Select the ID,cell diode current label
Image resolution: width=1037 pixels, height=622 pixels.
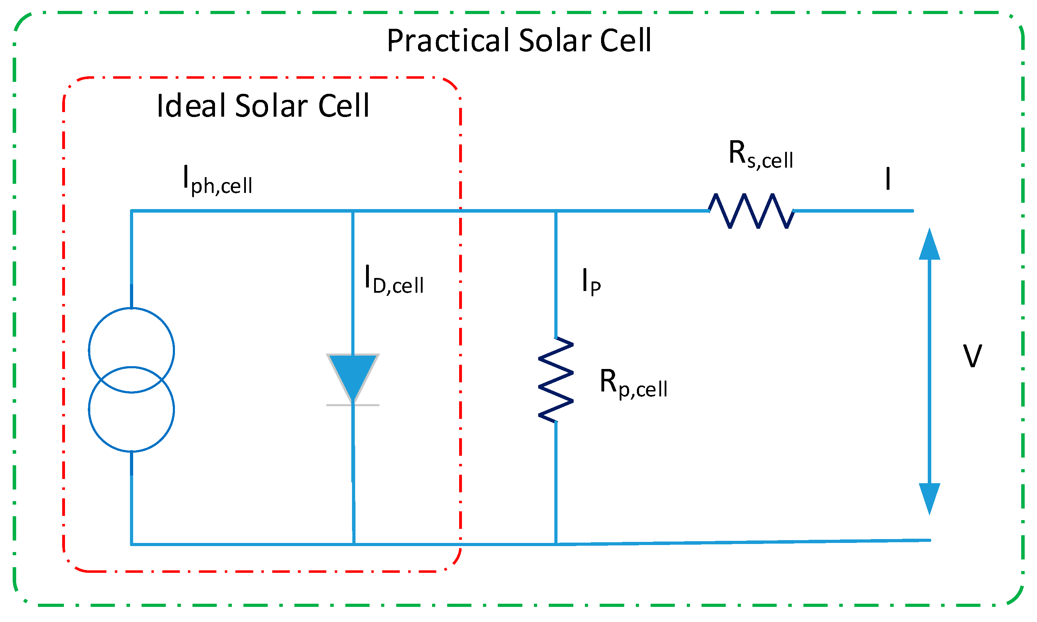click(393, 280)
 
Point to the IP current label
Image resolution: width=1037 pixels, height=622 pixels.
click(591, 282)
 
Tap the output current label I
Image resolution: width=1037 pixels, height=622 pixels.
click(887, 179)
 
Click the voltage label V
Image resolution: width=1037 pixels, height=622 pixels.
click(972, 356)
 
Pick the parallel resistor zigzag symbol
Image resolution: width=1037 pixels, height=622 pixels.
click(556, 379)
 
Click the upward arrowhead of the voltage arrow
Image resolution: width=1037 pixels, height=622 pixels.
click(929, 245)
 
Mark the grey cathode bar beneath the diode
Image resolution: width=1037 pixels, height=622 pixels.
click(353, 405)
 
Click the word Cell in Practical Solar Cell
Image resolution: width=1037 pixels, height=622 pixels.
click(625, 41)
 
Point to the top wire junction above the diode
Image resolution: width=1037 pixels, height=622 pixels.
click(353, 211)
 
